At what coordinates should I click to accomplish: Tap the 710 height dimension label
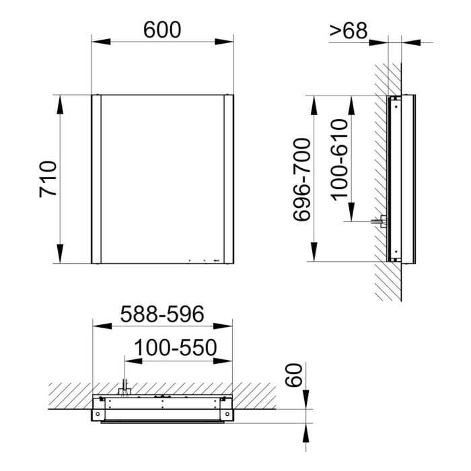(x=48, y=179)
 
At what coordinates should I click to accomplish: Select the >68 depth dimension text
(x=348, y=30)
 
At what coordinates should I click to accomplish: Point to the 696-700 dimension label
(x=301, y=179)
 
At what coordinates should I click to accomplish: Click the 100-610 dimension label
(x=340, y=158)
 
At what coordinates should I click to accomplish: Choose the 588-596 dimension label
(x=161, y=314)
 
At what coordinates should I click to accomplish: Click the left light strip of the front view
(x=96, y=179)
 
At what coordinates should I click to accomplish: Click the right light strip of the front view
(x=229, y=179)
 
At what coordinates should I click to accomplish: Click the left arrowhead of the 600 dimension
(x=97, y=42)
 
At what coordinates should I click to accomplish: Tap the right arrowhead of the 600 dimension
(x=228, y=42)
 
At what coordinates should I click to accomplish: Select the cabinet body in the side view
(x=400, y=179)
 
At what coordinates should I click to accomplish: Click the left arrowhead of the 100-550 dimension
(x=130, y=361)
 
